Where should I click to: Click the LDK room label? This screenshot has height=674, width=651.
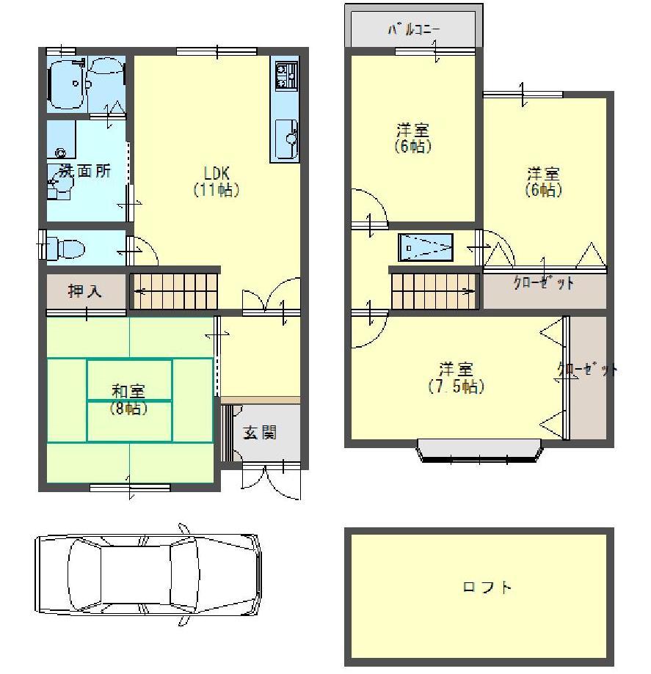pyautogui.click(x=217, y=173)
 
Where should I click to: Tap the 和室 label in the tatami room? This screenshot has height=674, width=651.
pyautogui.click(x=129, y=390)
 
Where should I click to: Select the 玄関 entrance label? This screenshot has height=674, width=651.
pyautogui.click(x=259, y=433)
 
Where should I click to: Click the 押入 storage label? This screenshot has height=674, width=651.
pyautogui.click(x=86, y=291)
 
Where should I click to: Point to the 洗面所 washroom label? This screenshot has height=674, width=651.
pyautogui.click(x=85, y=171)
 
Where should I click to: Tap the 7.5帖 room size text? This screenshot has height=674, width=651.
pyautogui.click(x=456, y=387)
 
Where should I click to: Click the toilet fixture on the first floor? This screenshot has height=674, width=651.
pyautogui.click(x=62, y=248)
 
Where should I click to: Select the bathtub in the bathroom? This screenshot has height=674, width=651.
pyautogui.click(x=68, y=85)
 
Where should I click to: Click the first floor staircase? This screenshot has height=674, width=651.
pyautogui.click(x=175, y=290)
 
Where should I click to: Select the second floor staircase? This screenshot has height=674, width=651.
pyautogui.click(x=434, y=290)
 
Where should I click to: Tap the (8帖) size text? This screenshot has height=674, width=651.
pyautogui.click(x=129, y=408)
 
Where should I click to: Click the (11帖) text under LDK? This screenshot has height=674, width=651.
pyautogui.click(x=217, y=190)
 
